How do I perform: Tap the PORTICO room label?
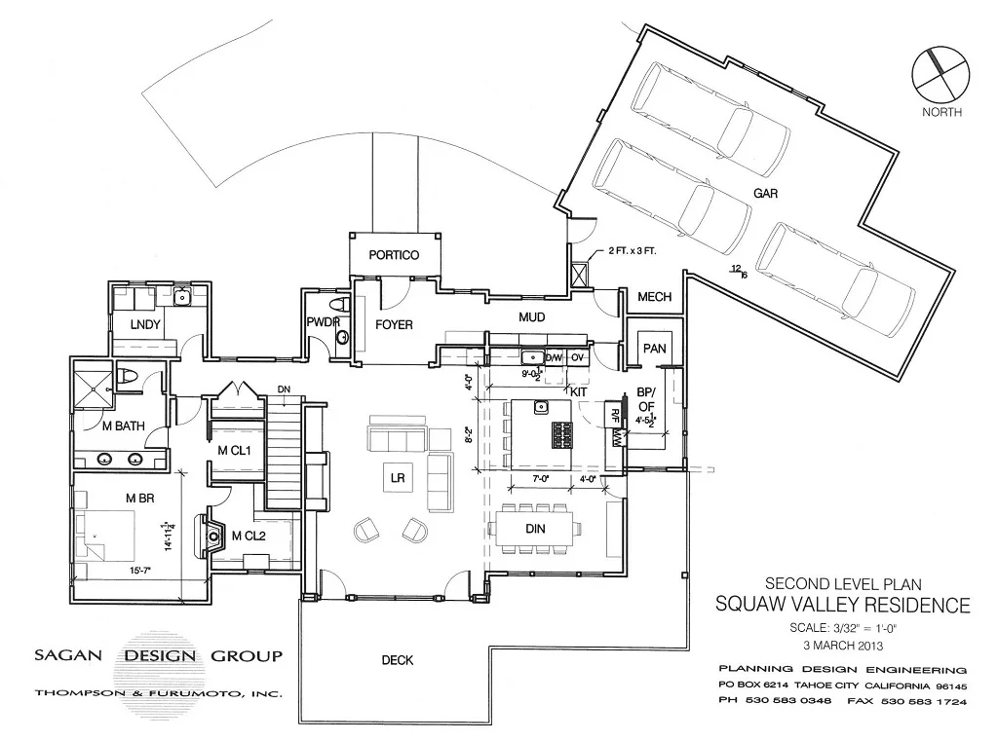394,255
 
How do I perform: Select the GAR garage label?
765,194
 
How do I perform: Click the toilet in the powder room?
342,337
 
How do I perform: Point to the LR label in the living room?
397,478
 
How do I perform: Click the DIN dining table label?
534,529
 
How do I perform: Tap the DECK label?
397,660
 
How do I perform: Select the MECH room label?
654,296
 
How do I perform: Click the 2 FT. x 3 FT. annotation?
633,251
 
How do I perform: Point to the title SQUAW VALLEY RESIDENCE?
843,605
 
